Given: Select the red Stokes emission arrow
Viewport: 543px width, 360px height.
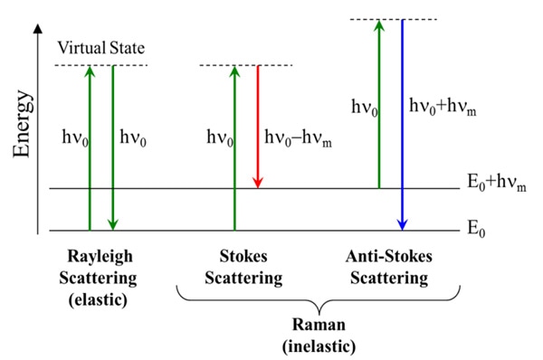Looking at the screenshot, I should (258, 127).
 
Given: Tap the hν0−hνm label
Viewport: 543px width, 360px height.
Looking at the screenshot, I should (298, 138).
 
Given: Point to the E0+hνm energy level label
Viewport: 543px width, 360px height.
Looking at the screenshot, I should (481, 188).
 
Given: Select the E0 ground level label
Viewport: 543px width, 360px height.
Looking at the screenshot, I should (476, 232).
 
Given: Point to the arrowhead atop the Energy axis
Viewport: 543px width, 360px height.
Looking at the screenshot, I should (37, 30).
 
